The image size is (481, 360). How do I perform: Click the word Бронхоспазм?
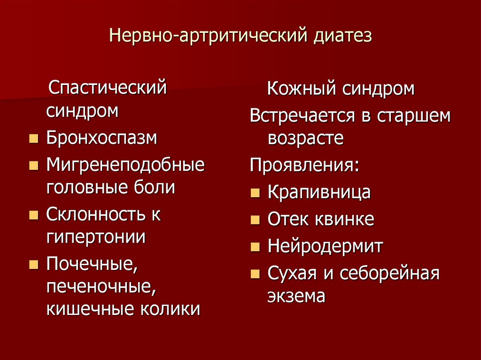pyautogui.click(x=101, y=138)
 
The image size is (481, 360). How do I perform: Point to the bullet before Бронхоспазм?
pyautogui.click(x=33, y=139)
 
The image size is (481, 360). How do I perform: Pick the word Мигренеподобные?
pyautogui.click(x=125, y=165)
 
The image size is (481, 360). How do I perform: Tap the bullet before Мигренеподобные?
pyautogui.click(x=33, y=166)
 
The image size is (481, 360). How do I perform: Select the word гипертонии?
pyautogui.click(x=96, y=237)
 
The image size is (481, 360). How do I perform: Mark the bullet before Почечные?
pyautogui.click(x=33, y=265)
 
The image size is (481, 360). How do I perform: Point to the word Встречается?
pyautogui.click(x=303, y=115)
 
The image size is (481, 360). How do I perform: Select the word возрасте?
pyautogui.click(x=305, y=138)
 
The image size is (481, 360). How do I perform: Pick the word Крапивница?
pyautogui.click(x=319, y=192)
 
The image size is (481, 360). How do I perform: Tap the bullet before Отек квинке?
pyautogui.click(x=255, y=220)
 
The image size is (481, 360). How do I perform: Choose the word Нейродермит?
pyautogui.click(x=325, y=245)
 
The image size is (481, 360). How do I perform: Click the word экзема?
pyautogui.click(x=296, y=296)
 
